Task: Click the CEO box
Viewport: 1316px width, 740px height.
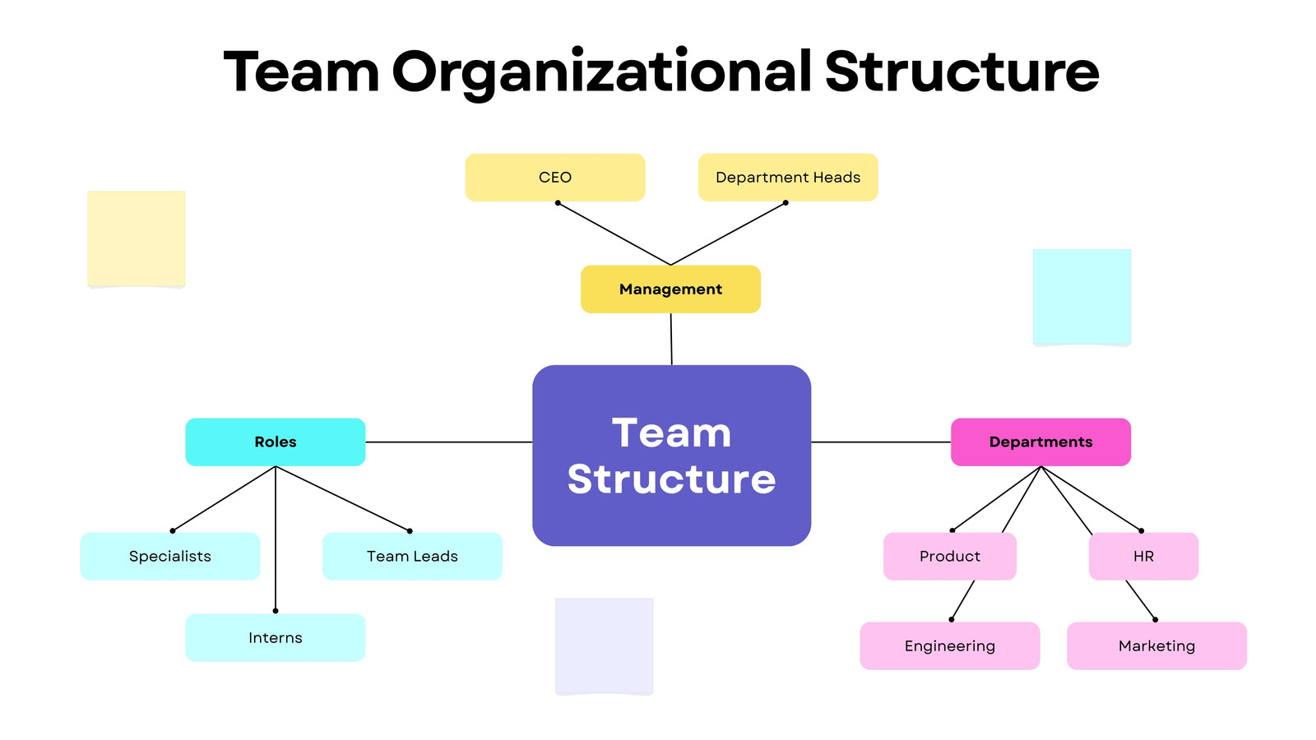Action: (x=555, y=178)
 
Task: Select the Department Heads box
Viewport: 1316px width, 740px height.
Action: (x=788, y=178)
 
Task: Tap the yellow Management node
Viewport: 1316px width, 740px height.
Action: (x=670, y=289)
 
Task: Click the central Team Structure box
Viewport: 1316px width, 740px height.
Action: (x=671, y=456)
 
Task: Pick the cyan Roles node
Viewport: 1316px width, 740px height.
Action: (x=276, y=442)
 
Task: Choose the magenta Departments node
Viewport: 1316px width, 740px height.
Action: (x=1041, y=442)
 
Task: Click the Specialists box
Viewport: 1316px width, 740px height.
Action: (x=169, y=556)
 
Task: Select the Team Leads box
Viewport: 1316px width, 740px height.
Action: (x=412, y=556)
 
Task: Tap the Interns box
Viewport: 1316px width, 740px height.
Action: (x=276, y=638)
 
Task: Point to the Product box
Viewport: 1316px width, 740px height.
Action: (x=950, y=556)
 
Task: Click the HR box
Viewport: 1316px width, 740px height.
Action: (x=1144, y=556)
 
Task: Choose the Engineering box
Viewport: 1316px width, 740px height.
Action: (x=950, y=646)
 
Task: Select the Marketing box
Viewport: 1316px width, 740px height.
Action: (x=1156, y=646)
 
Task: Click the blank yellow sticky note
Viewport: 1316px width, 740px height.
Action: (x=137, y=239)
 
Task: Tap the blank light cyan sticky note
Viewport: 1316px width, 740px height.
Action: (x=1082, y=297)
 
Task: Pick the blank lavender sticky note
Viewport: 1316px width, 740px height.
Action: (x=605, y=646)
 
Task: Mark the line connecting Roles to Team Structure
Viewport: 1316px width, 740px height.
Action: (x=449, y=442)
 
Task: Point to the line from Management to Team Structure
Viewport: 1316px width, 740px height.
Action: (x=671, y=339)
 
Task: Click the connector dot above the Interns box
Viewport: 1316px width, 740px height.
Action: (x=276, y=611)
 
